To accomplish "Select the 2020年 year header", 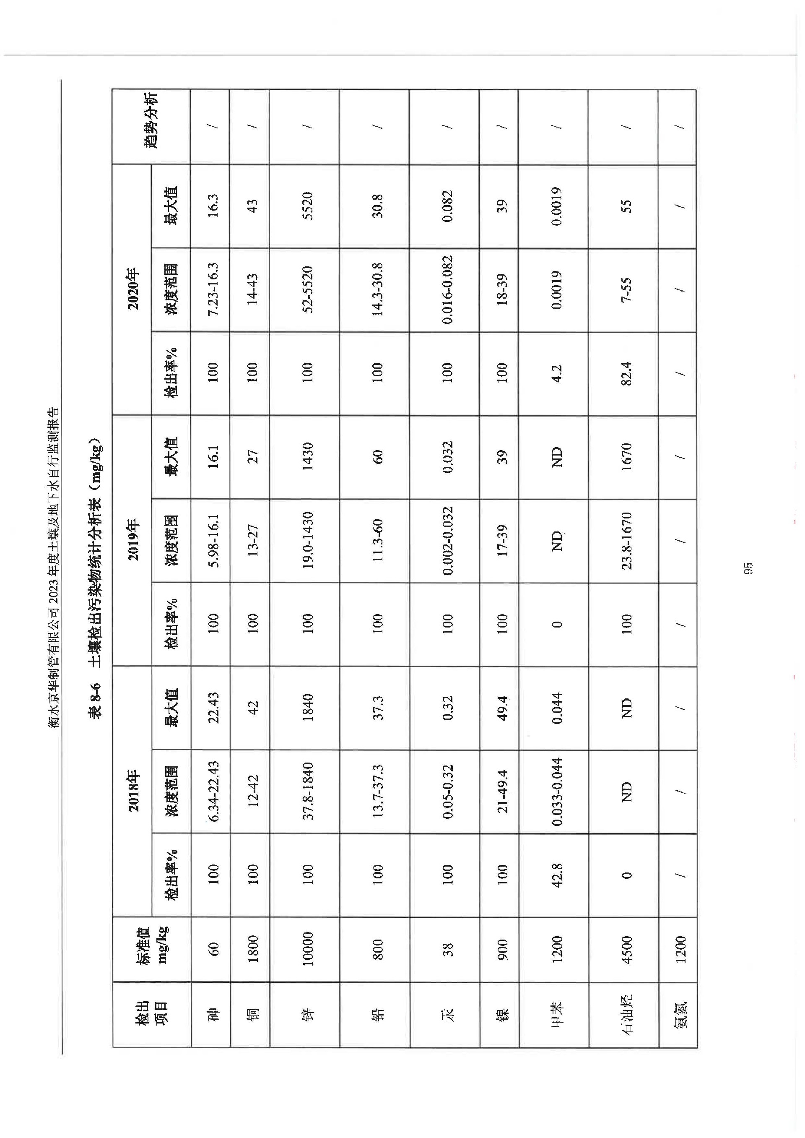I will pos(132,289).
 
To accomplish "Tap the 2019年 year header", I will pos(132,540).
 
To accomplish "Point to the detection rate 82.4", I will pos(627,373).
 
